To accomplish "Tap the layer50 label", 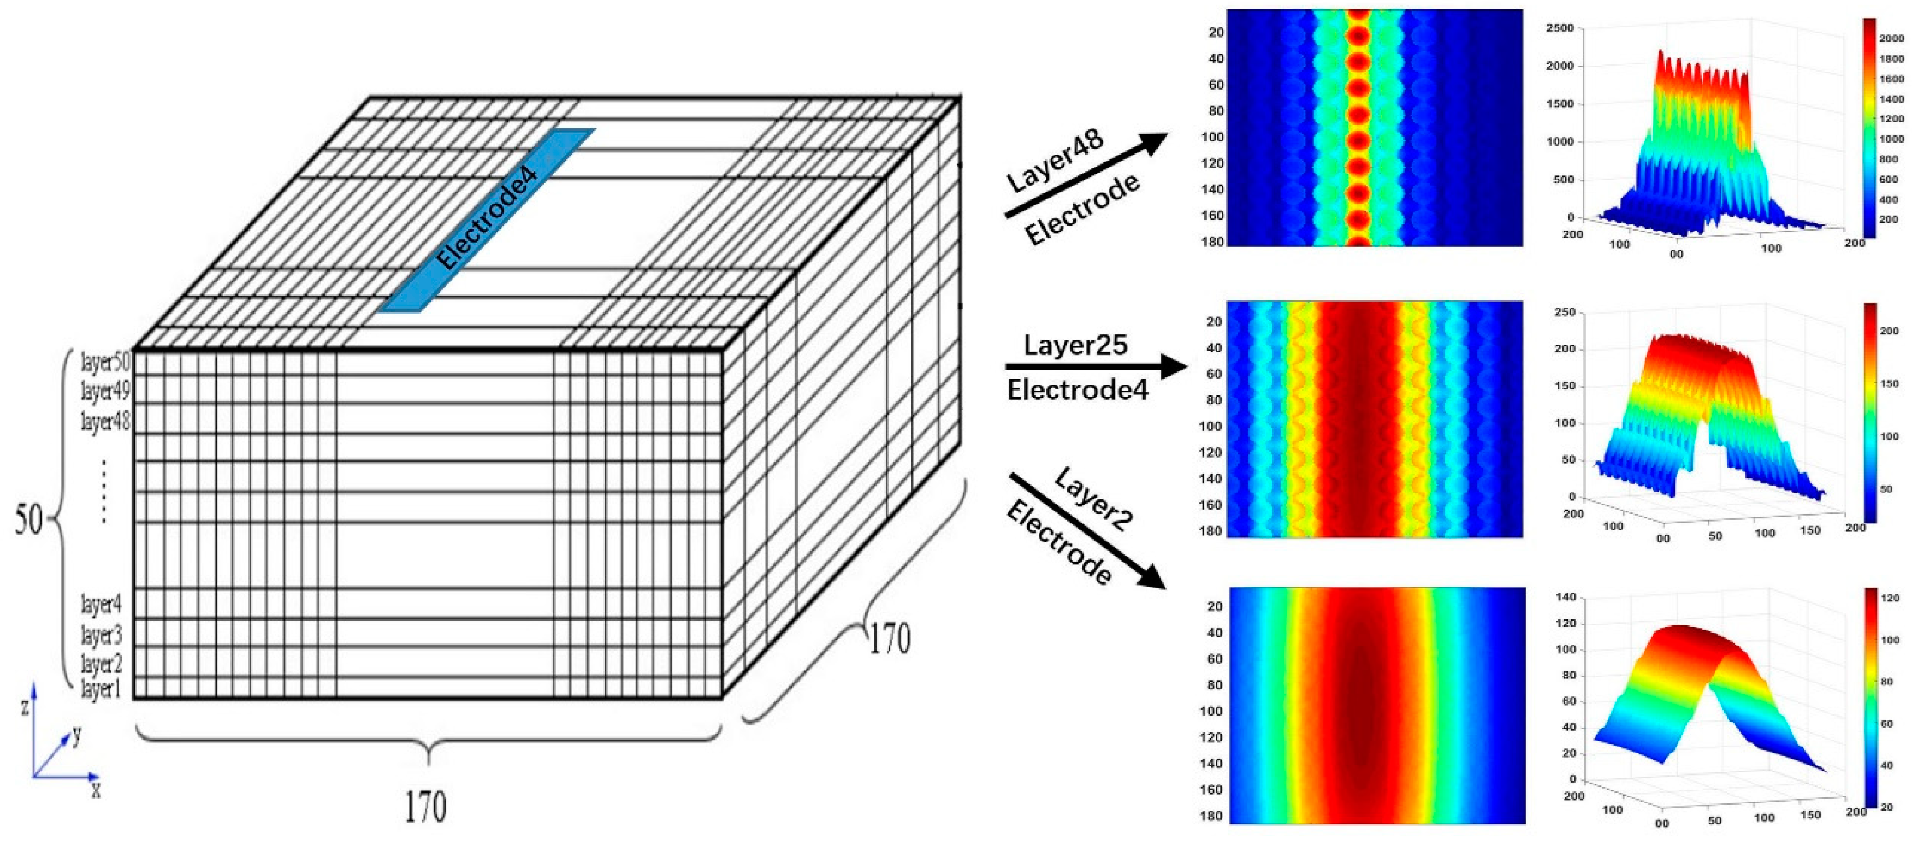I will point(105,362).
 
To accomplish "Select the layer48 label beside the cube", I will point(105,421).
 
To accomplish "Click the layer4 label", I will point(101,605).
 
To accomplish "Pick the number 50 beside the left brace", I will point(29,520).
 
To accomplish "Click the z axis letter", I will point(25,706).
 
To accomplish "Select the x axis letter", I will point(96,789).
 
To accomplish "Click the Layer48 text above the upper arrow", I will point(1055,161).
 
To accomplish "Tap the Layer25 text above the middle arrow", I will point(1075,345).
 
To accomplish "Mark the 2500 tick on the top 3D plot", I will point(1560,28).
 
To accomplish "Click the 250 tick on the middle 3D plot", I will point(1565,312).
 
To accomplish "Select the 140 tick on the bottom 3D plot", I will point(1565,597).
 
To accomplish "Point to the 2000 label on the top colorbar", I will point(1891,39).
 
